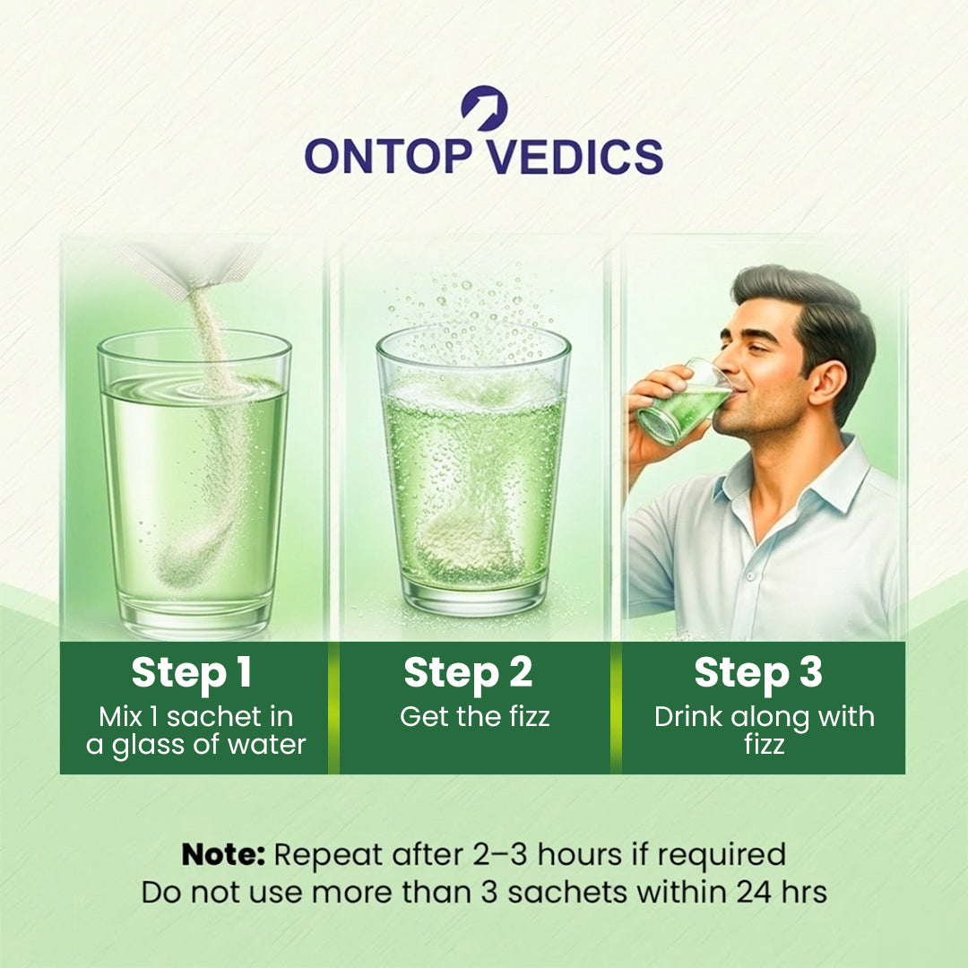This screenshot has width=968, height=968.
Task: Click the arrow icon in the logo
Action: pos(485,108)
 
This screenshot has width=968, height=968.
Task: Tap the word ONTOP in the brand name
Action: pos(388,156)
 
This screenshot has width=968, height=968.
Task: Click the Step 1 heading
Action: pos(192,673)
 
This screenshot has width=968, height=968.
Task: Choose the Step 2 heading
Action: pos(468,673)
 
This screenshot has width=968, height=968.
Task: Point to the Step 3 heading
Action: pos(758,673)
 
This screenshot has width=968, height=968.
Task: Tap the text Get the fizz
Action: pos(474,717)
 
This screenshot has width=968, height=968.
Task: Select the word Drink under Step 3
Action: pos(687,717)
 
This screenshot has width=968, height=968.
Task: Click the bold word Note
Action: pos(223,854)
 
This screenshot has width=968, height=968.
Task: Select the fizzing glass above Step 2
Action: pos(473,472)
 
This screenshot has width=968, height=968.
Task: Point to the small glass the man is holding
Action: pos(683,402)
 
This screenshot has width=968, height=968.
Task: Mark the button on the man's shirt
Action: pos(750,575)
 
